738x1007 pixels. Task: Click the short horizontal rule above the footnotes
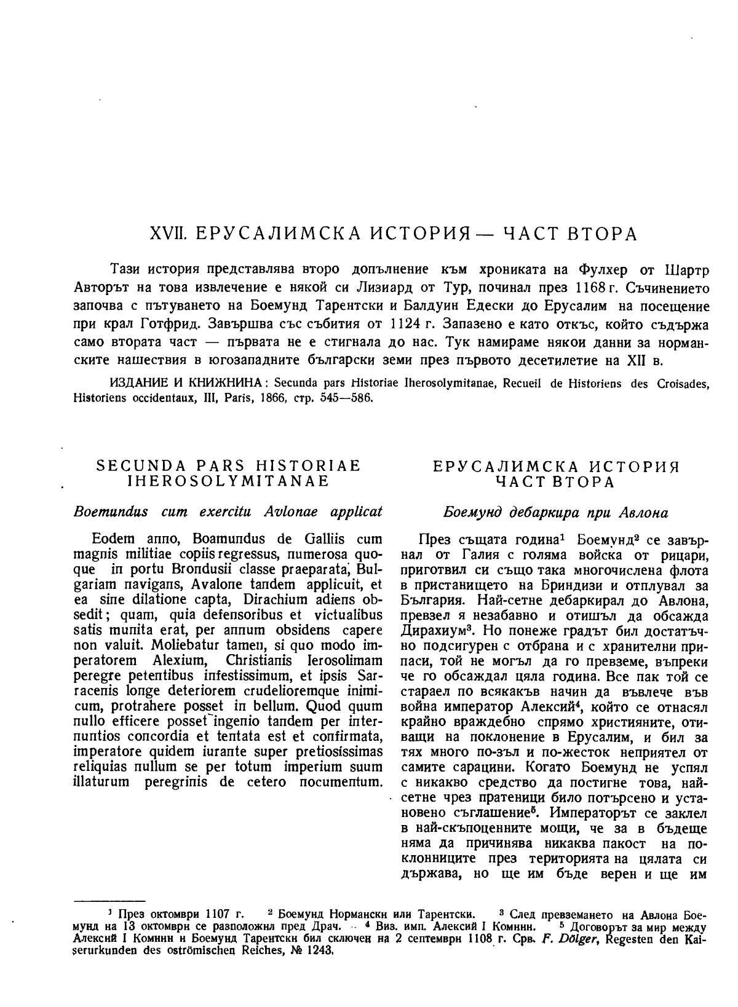[x=109, y=900]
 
